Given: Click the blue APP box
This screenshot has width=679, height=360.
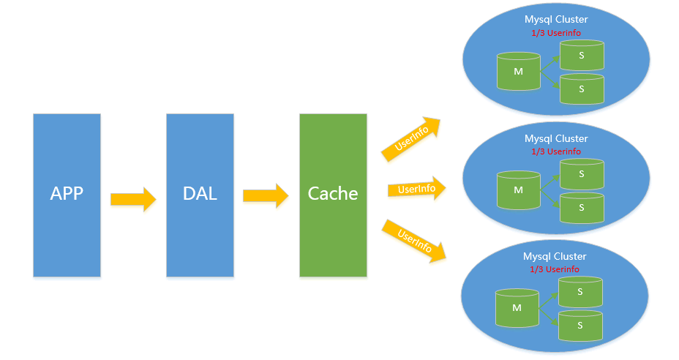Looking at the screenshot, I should (x=67, y=195).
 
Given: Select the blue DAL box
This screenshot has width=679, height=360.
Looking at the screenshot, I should (x=200, y=195).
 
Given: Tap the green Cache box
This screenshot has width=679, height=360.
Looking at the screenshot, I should (x=333, y=195).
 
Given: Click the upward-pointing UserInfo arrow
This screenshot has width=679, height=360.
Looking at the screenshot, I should (x=411, y=138).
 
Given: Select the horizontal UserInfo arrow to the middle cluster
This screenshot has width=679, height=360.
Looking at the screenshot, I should (x=416, y=190).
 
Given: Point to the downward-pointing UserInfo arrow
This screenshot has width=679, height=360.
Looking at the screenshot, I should (x=413, y=241).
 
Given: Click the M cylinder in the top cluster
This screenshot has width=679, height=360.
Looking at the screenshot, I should (x=519, y=72).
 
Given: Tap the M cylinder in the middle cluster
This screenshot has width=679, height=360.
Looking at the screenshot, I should (x=519, y=190).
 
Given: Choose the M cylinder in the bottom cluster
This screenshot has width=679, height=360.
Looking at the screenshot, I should (x=517, y=308).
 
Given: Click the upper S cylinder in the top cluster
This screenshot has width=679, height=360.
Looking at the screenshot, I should (x=582, y=55).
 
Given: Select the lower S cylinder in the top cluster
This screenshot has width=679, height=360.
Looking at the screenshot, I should (x=582, y=89).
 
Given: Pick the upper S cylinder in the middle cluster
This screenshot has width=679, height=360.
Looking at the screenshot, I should (x=582, y=174).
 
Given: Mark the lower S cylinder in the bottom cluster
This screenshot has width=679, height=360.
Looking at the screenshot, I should (x=580, y=325).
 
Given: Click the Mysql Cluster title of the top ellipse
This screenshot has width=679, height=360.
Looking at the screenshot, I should (x=556, y=19).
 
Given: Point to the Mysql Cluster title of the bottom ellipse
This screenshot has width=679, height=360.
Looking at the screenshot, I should (x=555, y=256).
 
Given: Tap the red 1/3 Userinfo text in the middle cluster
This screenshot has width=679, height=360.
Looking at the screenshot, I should (x=556, y=151).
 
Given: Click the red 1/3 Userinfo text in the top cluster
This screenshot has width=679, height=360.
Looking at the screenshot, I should (x=556, y=33).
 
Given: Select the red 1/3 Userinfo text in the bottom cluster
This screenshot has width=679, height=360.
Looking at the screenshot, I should (x=555, y=269).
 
